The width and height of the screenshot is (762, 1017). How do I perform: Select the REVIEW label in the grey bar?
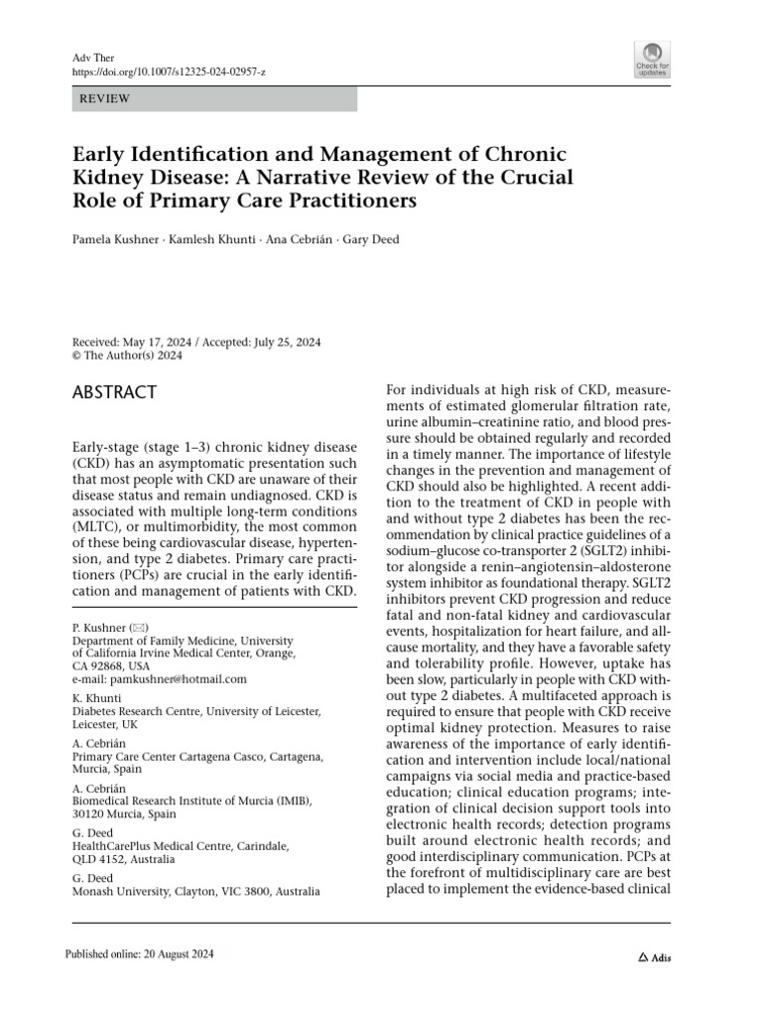(105, 99)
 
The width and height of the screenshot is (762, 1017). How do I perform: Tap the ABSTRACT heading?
(115, 392)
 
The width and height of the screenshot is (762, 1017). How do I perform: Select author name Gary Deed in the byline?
(370, 239)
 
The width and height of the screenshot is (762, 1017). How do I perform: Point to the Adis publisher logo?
(655, 957)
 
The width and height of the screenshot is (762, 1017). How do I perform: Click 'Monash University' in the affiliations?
(121, 892)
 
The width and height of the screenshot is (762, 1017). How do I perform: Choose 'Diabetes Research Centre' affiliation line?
(142, 711)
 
